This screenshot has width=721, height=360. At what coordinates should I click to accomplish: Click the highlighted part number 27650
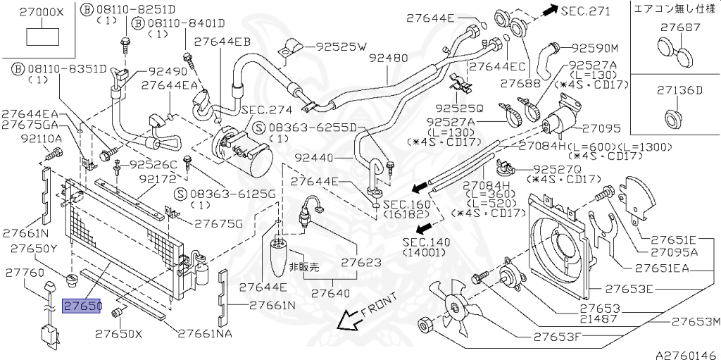[x=82, y=308]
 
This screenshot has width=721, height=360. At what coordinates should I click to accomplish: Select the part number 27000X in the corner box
[x=41, y=12]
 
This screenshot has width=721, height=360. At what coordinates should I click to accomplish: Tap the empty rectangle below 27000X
[x=41, y=37]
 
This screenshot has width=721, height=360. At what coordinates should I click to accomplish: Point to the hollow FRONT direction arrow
[x=349, y=321]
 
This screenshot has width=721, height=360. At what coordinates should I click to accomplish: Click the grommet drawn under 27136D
[x=674, y=116]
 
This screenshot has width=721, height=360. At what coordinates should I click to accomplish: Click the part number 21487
[x=600, y=320]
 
